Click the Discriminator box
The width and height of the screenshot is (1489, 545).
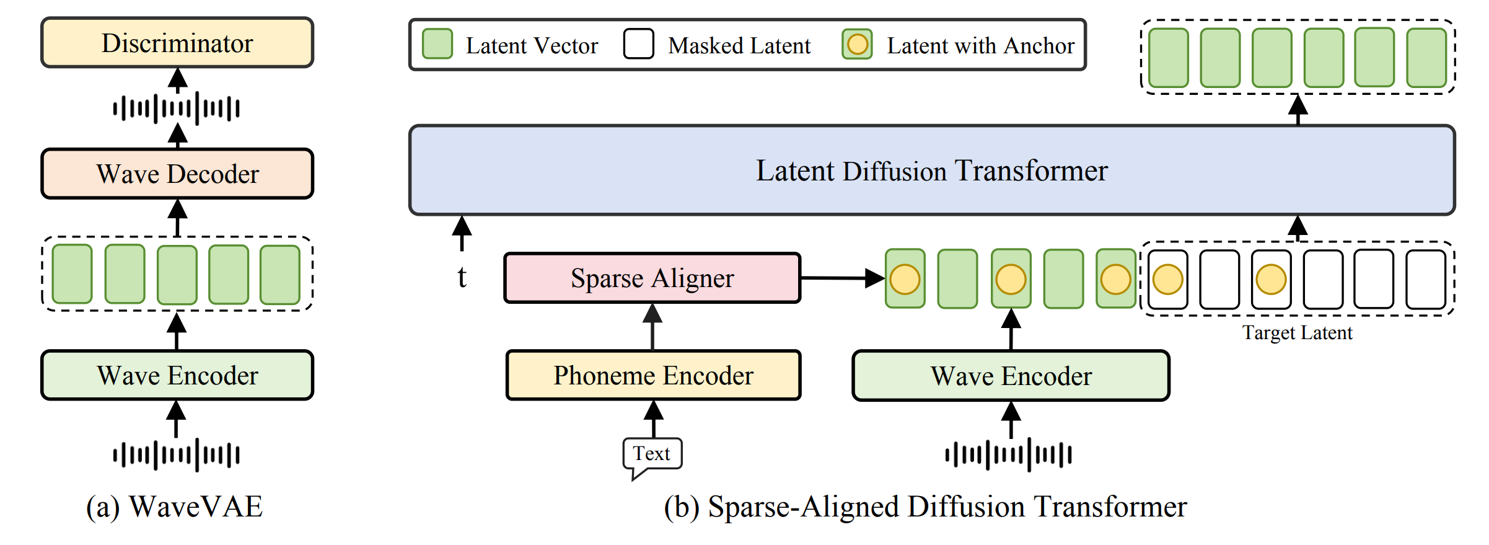(x=177, y=43)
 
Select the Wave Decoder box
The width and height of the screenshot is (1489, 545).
(x=177, y=174)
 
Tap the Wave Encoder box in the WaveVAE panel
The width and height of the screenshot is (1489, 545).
(x=177, y=375)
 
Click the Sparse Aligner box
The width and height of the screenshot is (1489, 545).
(x=652, y=278)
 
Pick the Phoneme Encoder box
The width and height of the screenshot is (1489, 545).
(x=653, y=375)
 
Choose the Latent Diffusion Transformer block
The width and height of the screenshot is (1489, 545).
(x=931, y=171)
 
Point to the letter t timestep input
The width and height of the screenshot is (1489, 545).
(x=462, y=277)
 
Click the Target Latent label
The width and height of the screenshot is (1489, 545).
(x=1297, y=333)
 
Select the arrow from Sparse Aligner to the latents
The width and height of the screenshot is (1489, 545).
(x=842, y=278)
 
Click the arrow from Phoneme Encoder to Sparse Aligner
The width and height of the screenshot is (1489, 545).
(x=652, y=326)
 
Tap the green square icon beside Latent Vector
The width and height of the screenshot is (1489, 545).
(x=437, y=45)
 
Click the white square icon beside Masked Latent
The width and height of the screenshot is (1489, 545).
(x=639, y=45)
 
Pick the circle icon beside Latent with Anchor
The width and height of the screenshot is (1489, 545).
(x=857, y=45)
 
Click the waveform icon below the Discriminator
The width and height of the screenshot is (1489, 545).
(x=177, y=109)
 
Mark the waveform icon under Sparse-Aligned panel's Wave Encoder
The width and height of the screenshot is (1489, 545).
(x=1009, y=454)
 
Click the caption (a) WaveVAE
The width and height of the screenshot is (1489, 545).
(x=175, y=507)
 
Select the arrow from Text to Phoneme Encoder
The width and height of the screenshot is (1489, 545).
(x=653, y=419)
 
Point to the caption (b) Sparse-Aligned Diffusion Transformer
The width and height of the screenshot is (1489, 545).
(x=925, y=507)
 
